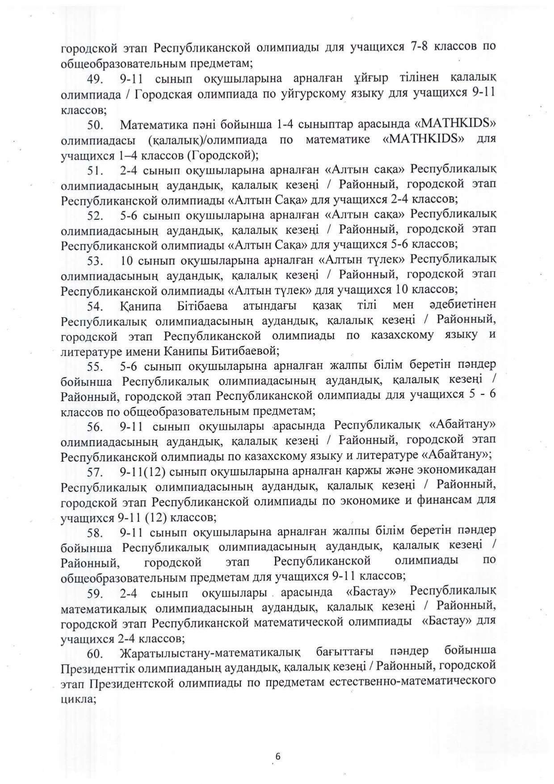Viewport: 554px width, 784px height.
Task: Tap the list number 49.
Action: coord(96,79)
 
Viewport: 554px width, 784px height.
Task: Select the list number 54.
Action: coord(96,306)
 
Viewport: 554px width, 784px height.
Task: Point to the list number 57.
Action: coord(96,472)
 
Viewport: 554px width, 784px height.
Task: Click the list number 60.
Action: coord(96,654)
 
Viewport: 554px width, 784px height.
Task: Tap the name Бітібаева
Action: coord(197,306)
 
